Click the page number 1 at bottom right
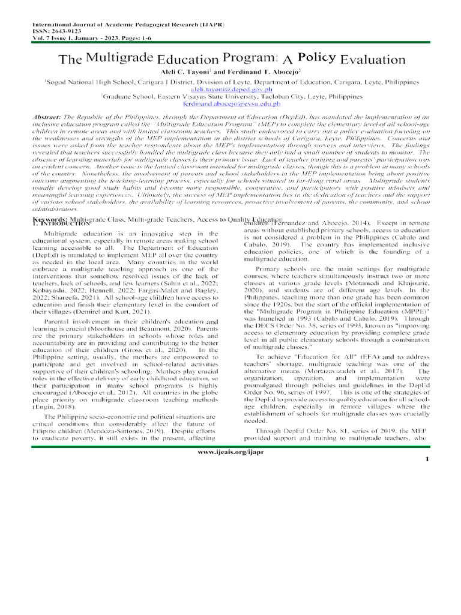pyautogui.click(x=427, y=476)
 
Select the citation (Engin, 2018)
pyautogui.click(x=55, y=407)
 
